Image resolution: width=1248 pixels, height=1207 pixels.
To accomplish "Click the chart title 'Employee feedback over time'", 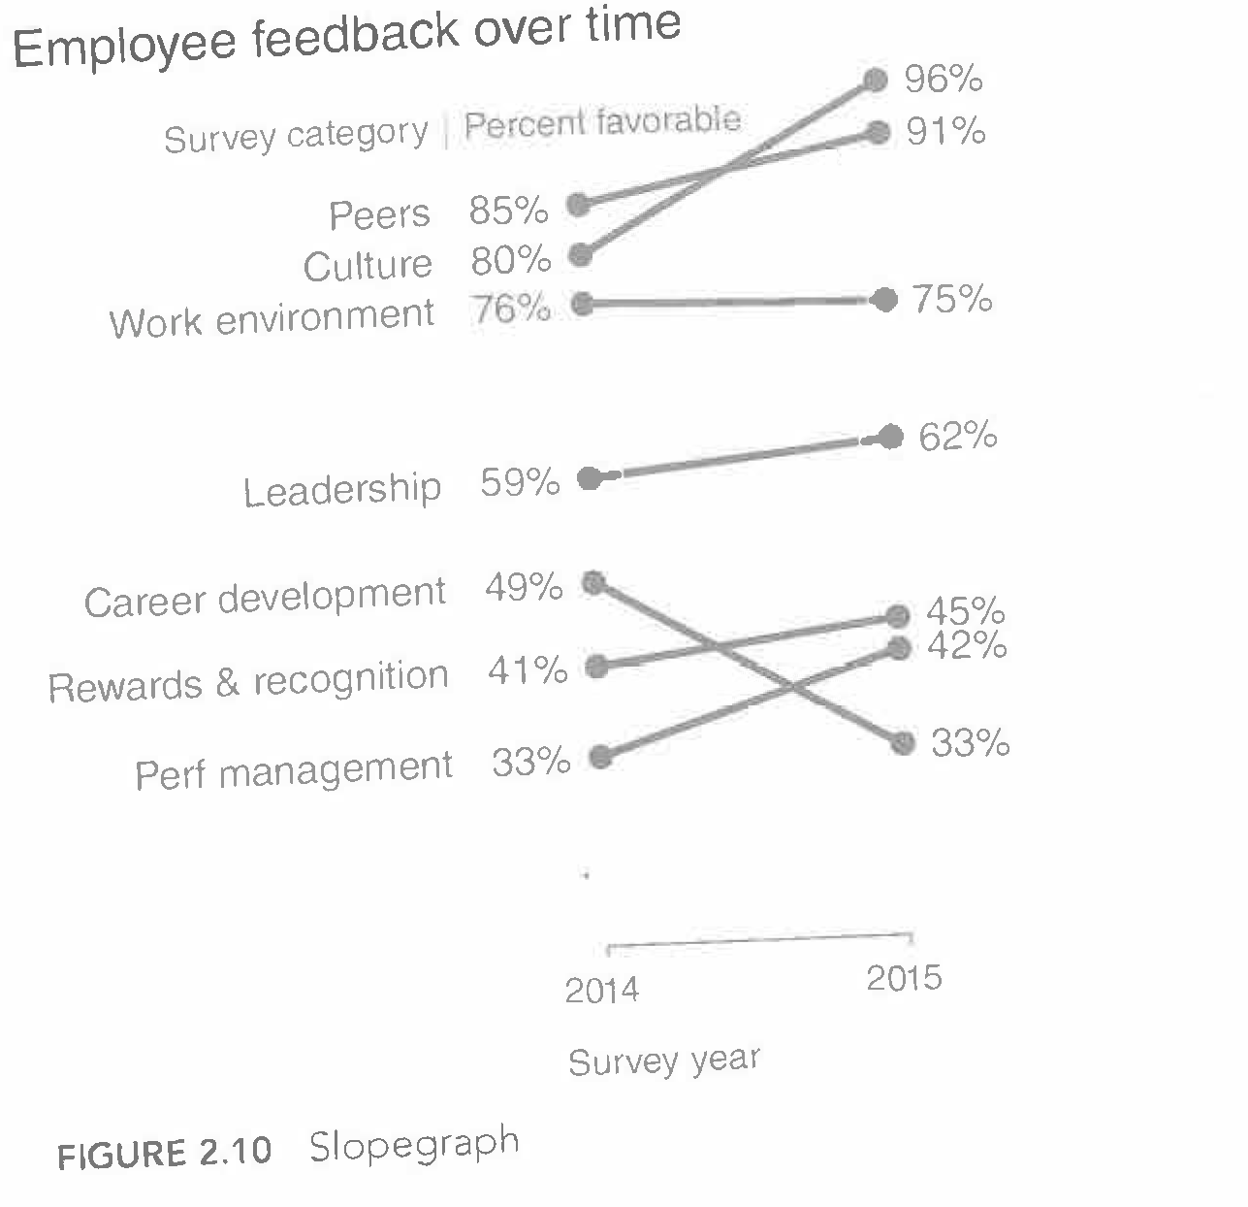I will (x=347, y=37).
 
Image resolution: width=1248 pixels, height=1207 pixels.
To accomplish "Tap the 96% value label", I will (x=943, y=79).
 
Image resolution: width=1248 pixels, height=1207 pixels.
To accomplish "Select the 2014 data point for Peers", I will (x=579, y=204).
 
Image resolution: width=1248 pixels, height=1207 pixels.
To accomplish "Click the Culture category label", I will (x=368, y=265).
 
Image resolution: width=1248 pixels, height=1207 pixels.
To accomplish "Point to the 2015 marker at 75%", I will (x=884, y=300).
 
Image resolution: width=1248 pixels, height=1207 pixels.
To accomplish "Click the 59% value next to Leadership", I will (x=520, y=482).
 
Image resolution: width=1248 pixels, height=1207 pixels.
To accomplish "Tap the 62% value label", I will (x=957, y=437).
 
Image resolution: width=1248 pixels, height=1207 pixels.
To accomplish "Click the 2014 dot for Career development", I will (x=593, y=582).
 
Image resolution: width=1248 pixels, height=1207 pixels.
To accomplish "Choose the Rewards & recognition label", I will (x=248, y=681).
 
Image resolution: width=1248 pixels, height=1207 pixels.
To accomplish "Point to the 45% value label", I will (x=965, y=611).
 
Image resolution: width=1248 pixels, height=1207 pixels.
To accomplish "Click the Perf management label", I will (x=294, y=771).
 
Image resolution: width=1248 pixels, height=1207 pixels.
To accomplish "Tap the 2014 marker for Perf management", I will (x=601, y=758).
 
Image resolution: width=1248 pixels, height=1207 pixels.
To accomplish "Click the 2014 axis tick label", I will (x=602, y=990).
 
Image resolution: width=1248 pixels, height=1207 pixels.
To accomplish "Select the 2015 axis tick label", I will (x=904, y=978).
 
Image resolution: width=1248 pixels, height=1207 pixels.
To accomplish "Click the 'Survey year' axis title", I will (x=664, y=1060).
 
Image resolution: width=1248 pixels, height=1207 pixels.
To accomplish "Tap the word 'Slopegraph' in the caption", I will (x=414, y=1145).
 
